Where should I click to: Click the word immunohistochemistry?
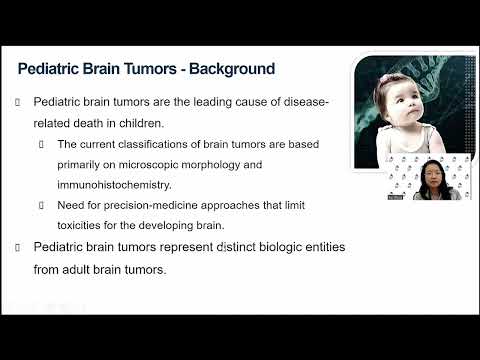pyautogui.click(x=119, y=183)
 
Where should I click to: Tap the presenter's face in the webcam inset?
pyautogui.click(x=437, y=173)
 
